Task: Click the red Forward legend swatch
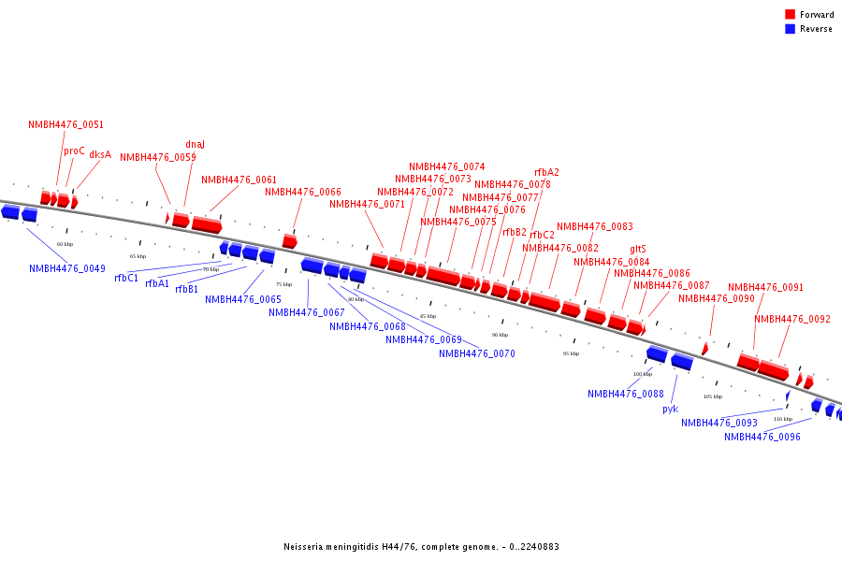[x=790, y=15]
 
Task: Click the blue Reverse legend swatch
[x=790, y=29]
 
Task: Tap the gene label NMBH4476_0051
[x=65, y=124]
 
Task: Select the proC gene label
[x=74, y=151]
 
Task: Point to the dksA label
[x=100, y=154]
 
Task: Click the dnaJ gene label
[x=195, y=144]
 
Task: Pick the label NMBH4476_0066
[x=302, y=192]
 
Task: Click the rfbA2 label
[x=546, y=172]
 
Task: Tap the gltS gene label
[x=638, y=249]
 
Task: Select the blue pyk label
[x=670, y=409]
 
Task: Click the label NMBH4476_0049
[x=66, y=268]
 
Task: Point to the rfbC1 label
[x=126, y=278]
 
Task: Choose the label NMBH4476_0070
[x=476, y=353]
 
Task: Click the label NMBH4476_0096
[x=762, y=437]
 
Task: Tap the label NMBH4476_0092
[x=791, y=319]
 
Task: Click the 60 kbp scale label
[x=65, y=244]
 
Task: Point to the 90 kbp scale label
[x=500, y=334]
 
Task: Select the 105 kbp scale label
[x=712, y=396]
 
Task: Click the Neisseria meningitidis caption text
[x=421, y=547]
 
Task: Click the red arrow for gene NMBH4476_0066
[x=289, y=241]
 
